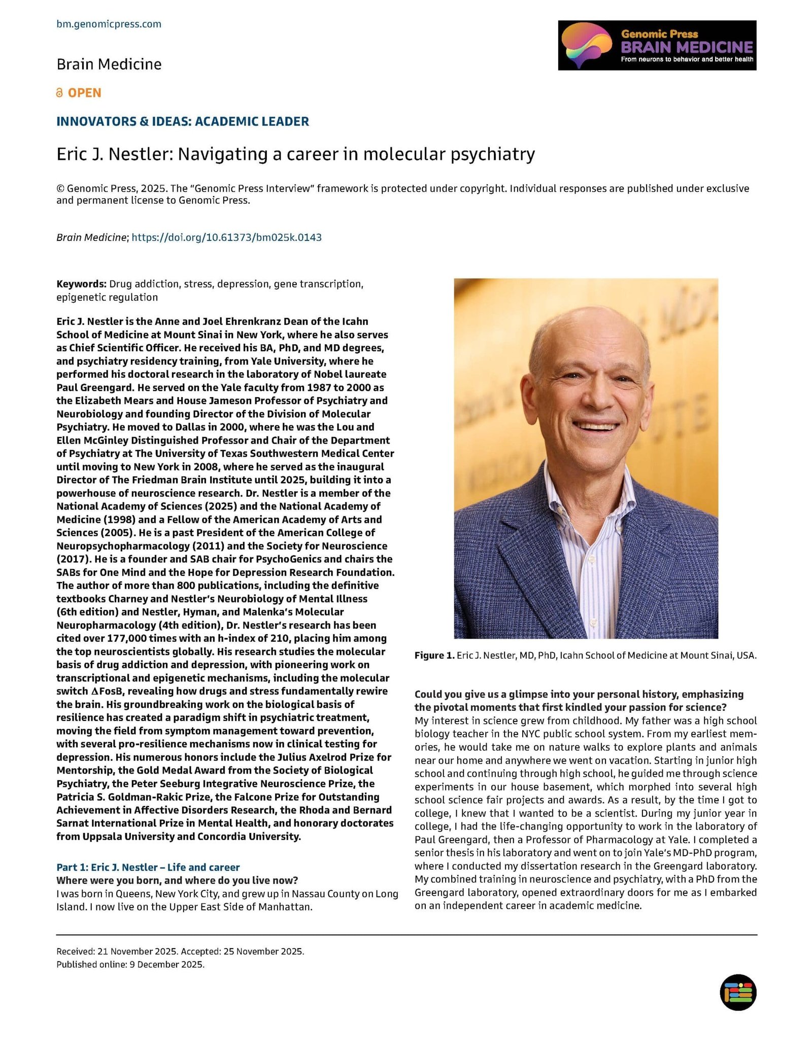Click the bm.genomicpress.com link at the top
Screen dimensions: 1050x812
pos(109,24)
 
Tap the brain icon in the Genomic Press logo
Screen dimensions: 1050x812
pos(587,45)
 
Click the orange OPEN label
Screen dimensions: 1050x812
pos(84,93)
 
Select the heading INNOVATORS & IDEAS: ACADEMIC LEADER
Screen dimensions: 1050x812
pos(183,122)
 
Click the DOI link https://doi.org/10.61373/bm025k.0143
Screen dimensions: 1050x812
pos(226,237)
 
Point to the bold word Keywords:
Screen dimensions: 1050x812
pos(81,284)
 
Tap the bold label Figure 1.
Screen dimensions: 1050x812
pos(434,656)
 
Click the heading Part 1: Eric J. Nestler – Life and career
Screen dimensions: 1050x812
pos(148,867)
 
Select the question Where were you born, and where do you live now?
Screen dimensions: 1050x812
pos(177,881)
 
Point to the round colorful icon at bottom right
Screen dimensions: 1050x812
pos(738,992)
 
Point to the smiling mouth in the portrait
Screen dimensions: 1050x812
pos(598,425)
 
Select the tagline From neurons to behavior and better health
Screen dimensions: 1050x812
pos(687,60)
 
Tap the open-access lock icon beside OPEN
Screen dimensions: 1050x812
pos(60,93)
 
